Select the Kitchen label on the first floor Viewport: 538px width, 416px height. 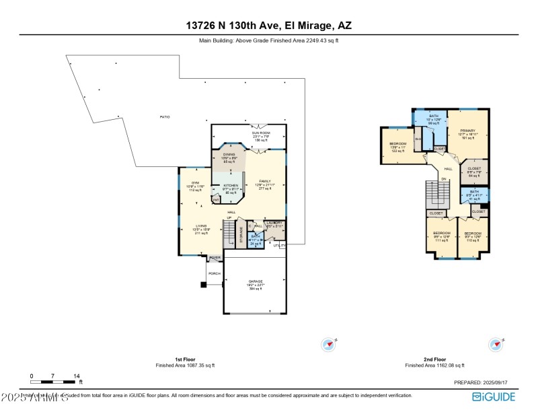[x=231, y=186]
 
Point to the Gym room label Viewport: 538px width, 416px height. [x=196, y=183]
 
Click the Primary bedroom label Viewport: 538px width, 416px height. [x=467, y=131]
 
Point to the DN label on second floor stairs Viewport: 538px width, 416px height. [x=443, y=179]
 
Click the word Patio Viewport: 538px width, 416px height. [x=164, y=117]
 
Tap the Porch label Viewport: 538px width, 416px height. [x=215, y=273]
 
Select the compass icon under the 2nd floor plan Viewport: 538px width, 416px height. [x=496, y=344]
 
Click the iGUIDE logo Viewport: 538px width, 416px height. [x=494, y=396]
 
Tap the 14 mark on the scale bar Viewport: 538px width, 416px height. [x=77, y=376]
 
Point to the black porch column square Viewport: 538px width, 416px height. [x=203, y=285]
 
